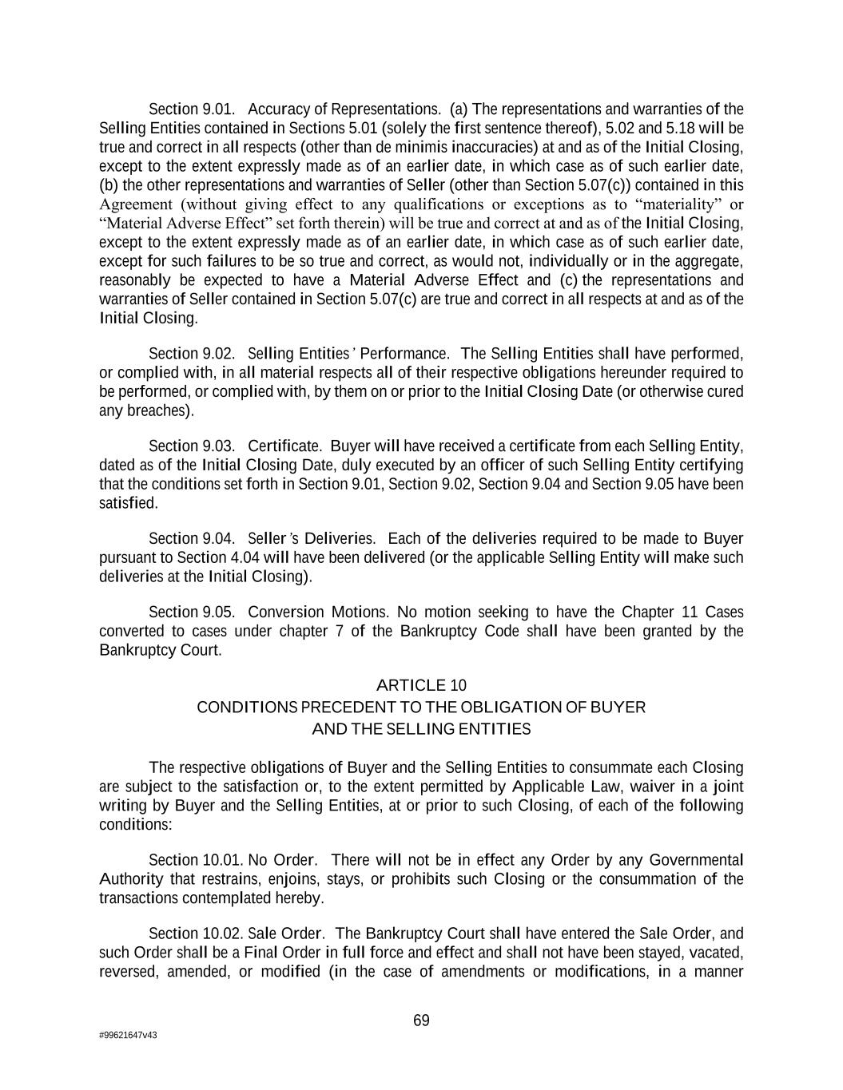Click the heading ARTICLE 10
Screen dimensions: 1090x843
pyautogui.click(x=421, y=685)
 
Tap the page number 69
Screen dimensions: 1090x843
pyautogui.click(x=421, y=1021)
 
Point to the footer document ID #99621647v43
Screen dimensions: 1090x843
pyautogui.click(x=128, y=1035)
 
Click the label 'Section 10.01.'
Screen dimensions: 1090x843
pyautogui.click(x=196, y=860)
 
